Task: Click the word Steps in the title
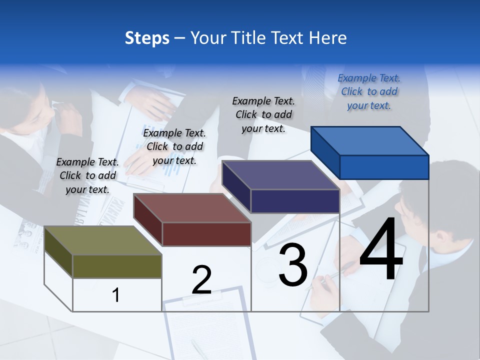(147, 38)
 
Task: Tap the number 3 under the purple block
(293, 265)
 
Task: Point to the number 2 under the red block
(202, 279)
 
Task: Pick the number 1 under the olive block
(116, 295)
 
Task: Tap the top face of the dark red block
(192, 207)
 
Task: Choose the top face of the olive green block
(103, 240)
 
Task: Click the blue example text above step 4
(369, 91)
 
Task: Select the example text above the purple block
(263, 114)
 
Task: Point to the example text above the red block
(174, 146)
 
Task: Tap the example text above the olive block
(87, 175)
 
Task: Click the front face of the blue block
(384, 167)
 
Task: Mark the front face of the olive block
(117, 266)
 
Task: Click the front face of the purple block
(295, 201)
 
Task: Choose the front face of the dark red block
(206, 234)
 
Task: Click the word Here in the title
(328, 38)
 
